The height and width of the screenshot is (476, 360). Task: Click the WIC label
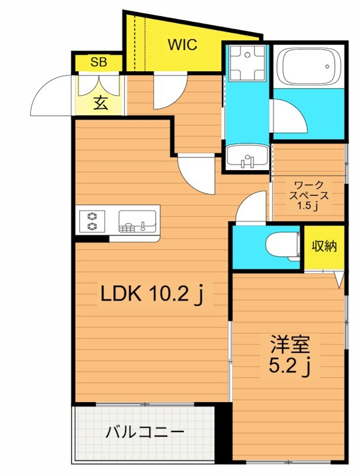click(x=181, y=45)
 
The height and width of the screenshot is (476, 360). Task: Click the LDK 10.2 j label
click(x=151, y=293)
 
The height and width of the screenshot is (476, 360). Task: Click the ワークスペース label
click(x=308, y=190)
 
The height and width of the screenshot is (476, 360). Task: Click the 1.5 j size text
click(x=308, y=206)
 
